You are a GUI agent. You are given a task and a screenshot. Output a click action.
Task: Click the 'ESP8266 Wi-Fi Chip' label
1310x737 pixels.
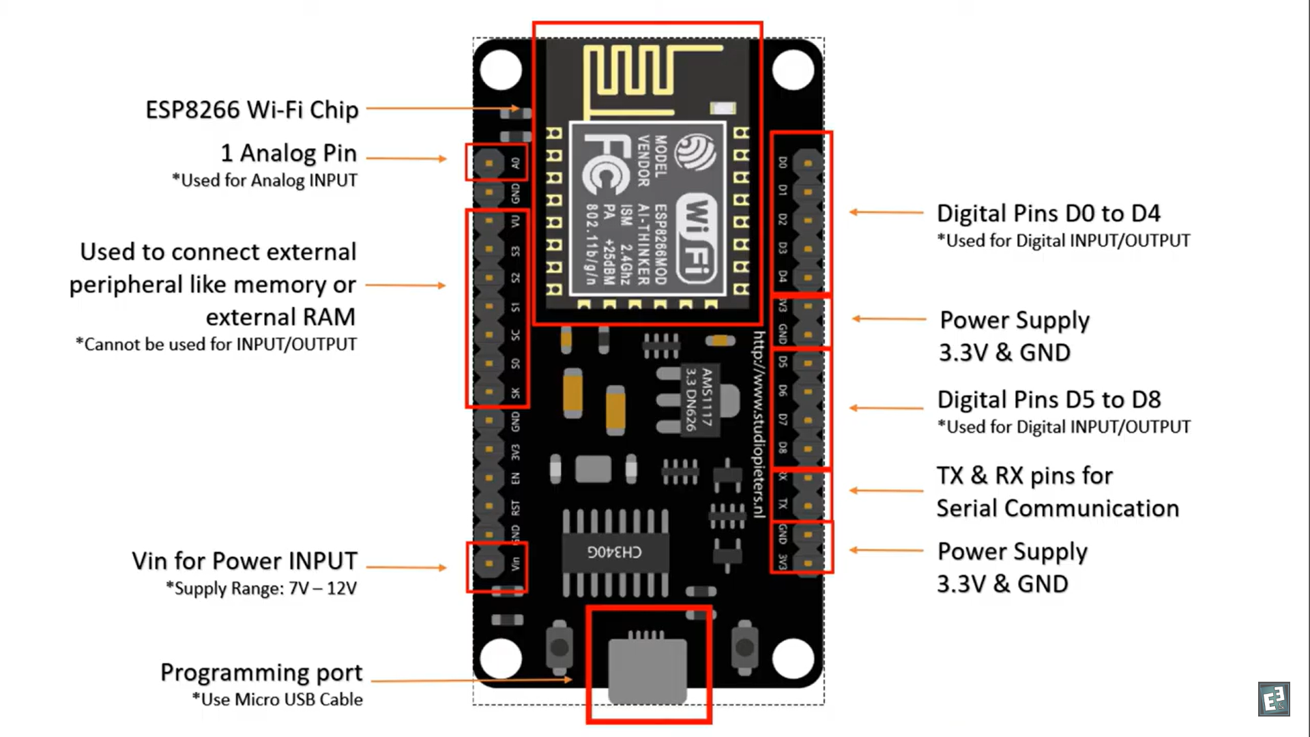click(252, 110)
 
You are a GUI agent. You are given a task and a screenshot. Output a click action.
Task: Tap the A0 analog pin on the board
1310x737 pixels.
click(489, 163)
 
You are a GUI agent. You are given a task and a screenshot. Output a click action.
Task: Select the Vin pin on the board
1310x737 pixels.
click(489, 564)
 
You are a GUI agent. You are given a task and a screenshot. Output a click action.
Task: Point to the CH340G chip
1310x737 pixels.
click(615, 551)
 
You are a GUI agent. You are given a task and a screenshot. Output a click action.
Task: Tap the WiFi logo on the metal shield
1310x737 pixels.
click(696, 235)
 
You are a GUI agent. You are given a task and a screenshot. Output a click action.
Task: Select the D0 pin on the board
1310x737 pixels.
click(808, 163)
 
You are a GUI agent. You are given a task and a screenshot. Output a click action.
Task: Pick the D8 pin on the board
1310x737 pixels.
click(808, 448)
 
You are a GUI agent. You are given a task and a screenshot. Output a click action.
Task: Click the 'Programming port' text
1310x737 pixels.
click(261, 672)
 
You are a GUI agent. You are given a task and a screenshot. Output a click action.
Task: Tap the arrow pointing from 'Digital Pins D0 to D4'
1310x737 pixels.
click(886, 212)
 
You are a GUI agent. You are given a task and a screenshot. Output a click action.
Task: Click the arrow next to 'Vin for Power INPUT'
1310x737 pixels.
click(407, 567)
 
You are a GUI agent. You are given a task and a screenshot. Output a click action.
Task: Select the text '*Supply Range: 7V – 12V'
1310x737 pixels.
click(261, 588)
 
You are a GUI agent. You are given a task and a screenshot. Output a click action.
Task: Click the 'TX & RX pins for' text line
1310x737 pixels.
click(1024, 476)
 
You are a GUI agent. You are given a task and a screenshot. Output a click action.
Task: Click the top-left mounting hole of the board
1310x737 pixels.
click(501, 70)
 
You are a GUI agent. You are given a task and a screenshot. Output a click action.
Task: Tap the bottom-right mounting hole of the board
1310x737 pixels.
click(793, 659)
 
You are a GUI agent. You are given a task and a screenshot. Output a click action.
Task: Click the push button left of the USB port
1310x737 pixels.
click(559, 646)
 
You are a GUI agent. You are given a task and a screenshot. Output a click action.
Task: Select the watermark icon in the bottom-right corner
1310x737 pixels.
click(1274, 699)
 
